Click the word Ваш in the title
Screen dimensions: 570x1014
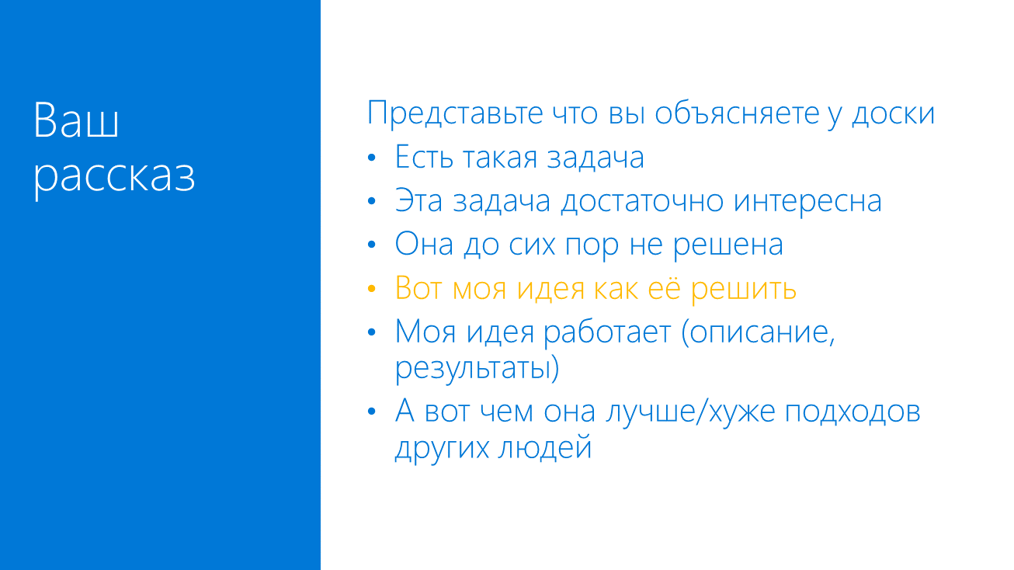coord(76,121)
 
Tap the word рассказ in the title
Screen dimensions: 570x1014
coord(114,177)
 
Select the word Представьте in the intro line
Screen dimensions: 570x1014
coord(454,113)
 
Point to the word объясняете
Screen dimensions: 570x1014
coord(737,113)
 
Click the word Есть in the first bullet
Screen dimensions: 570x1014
coord(425,158)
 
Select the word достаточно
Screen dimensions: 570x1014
coord(642,201)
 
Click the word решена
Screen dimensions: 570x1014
coord(728,245)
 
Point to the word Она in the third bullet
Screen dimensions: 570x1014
coord(425,245)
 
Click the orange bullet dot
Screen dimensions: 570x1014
coord(372,289)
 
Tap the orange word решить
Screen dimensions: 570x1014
coord(744,289)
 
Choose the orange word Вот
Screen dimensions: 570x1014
coord(418,289)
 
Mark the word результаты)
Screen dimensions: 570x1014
coord(477,367)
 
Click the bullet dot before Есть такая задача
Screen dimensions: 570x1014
coord(372,158)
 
